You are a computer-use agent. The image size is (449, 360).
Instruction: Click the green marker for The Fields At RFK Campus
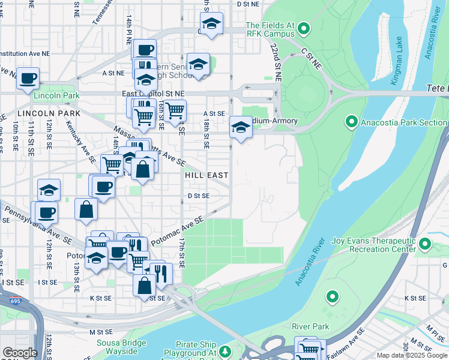pos(304,28)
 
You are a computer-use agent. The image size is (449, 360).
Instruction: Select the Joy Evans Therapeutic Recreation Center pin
pos(425,244)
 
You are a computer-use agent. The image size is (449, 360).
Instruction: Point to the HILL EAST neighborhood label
pos(206,175)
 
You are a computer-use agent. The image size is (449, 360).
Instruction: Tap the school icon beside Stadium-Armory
pos(241,127)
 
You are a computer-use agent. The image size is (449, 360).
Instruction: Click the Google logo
pos(20,353)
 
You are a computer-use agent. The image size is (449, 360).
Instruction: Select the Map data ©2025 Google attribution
pos(412,355)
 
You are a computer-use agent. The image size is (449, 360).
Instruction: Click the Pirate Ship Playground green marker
pos(224,350)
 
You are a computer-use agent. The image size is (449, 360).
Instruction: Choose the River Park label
pos(310,326)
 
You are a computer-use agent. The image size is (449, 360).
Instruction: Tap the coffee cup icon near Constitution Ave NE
pos(28,79)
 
